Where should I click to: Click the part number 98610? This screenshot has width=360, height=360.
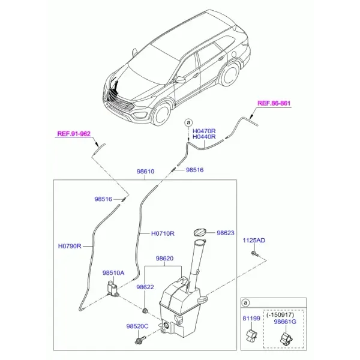pyautogui.click(x=146, y=172)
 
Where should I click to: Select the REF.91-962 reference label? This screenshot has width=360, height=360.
pyautogui.click(x=74, y=134)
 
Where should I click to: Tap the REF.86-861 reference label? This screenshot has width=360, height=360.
pyautogui.click(x=274, y=103)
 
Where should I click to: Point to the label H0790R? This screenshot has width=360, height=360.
pyautogui.click(x=70, y=246)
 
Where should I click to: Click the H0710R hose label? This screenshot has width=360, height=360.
pyautogui.click(x=163, y=233)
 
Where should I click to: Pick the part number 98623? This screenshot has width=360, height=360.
pyautogui.click(x=226, y=233)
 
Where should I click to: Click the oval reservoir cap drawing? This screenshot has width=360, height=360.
pyautogui.click(x=200, y=232)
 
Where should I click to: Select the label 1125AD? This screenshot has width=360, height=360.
pyautogui.click(x=254, y=241)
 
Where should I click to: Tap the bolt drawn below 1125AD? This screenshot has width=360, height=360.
pyautogui.click(x=255, y=254)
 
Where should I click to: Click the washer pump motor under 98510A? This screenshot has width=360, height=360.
pyautogui.click(x=113, y=289)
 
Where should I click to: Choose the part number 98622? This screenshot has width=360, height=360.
pyautogui.click(x=145, y=287)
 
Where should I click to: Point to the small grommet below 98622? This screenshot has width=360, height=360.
pyautogui.click(x=145, y=311)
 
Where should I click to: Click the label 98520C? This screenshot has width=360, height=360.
pyautogui.click(x=137, y=326)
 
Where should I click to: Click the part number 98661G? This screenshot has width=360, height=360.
pyautogui.click(x=285, y=322)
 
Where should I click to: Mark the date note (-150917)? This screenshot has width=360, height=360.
pyautogui.click(x=280, y=314)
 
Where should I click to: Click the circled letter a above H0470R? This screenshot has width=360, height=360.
pyautogui.click(x=188, y=122)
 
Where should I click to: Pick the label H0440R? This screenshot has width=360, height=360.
pyautogui.click(x=204, y=137)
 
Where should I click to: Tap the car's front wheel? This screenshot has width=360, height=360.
pyautogui.click(x=162, y=114)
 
